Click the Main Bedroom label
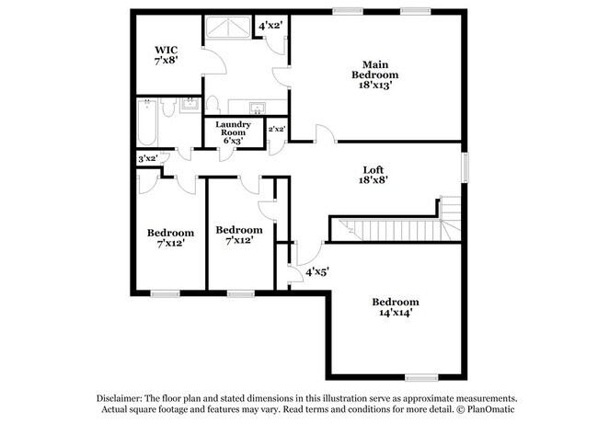point(374,68)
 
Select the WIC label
point(166,50)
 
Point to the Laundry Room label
point(233,128)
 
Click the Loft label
point(374,168)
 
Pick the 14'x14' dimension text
point(395,313)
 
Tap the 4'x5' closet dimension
point(317,271)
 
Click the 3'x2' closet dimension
point(147,158)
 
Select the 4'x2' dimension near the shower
point(271,26)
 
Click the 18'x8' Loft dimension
point(374,181)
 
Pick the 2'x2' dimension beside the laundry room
point(277,130)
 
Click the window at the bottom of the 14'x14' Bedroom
point(421,376)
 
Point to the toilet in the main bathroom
point(212,103)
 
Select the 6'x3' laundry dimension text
point(233,141)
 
